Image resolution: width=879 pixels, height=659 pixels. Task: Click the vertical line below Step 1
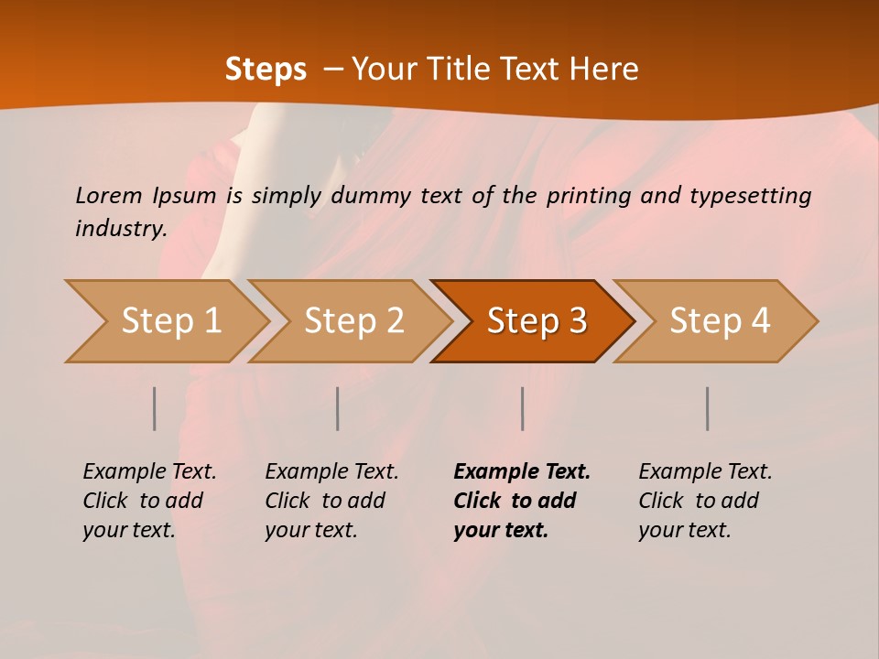pyautogui.click(x=155, y=408)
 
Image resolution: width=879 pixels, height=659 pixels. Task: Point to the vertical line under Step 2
pyautogui.click(x=338, y=408)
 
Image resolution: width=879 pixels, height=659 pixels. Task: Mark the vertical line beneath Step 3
pyautogui.click(x=522, y=408)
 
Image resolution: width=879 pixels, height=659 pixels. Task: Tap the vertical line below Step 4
pyautogui.click(x=707, y=408)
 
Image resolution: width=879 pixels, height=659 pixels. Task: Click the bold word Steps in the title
pyautogui.click(x=266, y=69)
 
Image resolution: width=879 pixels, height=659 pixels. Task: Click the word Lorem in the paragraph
pyautogui.click(x=108, y=195)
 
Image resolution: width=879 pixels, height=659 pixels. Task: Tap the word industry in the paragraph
pyautogui.click(x=121, y=228)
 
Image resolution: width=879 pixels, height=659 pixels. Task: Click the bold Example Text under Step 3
pyautogui.click(x=522, y=471)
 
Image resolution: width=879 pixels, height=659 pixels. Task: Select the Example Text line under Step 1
pyautogui.click(x=149, y=471)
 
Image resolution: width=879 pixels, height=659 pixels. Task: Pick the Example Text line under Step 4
pyautogui.click(x=705, y=471)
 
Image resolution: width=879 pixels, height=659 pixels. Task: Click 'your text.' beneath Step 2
pyautogui.click(x=310, y=530)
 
